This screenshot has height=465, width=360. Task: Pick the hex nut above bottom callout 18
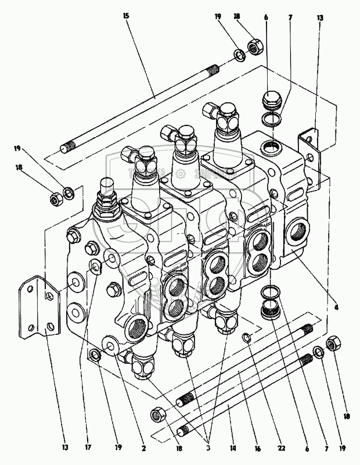point(157,414)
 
